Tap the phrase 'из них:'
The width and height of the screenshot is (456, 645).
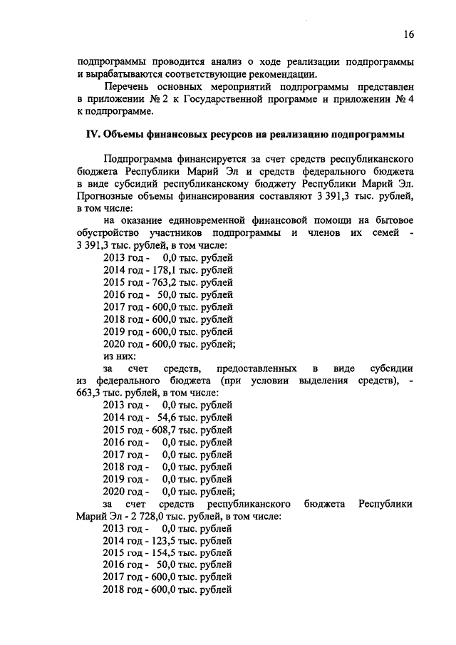pyautogui.click(x=120, y=356)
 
